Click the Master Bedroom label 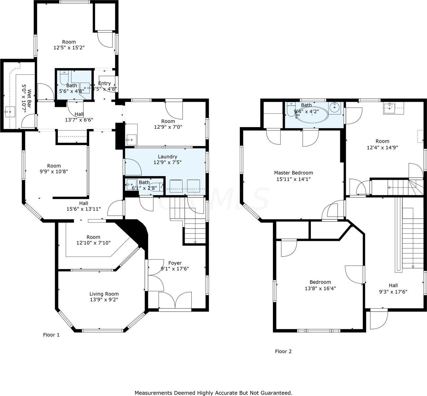(x=293, y=173)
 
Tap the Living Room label (x=104, y=294)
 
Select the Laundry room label (x=168, y=157)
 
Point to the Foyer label (x=175, y=263)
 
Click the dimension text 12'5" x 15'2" (x=69, y=48)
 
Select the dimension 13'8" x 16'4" (x=320, y=288)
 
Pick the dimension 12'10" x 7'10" (x=93, y=243)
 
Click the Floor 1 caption (x=51, y=335)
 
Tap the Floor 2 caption (x=283, y=351)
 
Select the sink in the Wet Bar (x=9, y=112)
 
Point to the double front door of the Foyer (x=175, y=301)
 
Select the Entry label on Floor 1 (x=105, y=83)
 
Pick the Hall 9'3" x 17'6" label (x=393, y=288)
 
